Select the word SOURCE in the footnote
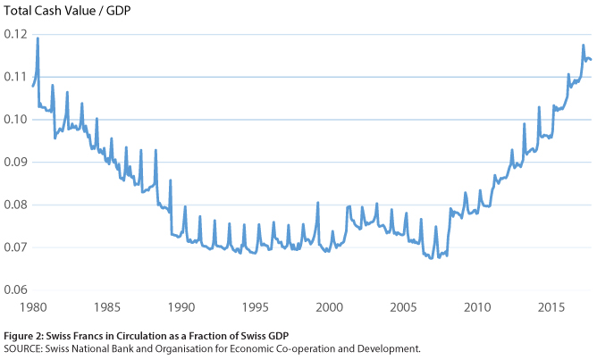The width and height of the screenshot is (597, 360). [23, 348]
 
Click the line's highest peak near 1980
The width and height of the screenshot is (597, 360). [38, 38]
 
